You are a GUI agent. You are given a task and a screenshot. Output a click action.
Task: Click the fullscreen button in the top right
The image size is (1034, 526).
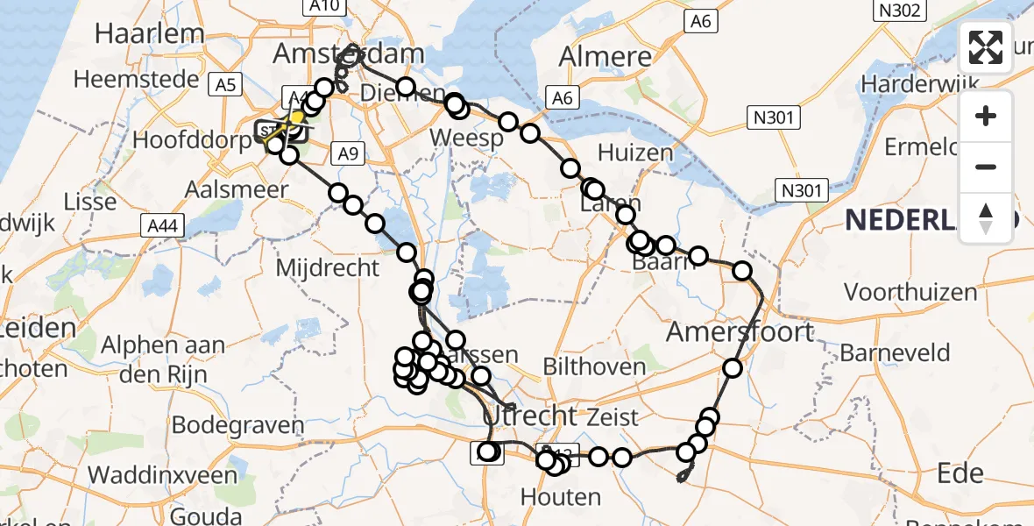click(986, 47)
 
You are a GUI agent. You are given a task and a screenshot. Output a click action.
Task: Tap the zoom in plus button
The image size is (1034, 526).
click(986, 116)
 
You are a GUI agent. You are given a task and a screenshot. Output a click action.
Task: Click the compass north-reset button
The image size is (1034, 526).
click(986, 217)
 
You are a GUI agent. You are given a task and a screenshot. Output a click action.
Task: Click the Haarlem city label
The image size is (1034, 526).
click(150, 34)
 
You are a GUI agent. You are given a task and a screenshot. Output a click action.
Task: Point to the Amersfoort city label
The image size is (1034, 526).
click(740, 332)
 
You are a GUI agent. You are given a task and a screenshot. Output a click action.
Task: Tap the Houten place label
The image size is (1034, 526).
click(561, 497)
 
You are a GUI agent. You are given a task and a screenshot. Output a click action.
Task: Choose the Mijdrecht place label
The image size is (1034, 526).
click(328, 267)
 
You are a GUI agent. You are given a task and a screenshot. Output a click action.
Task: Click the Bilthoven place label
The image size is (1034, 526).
click(594, 366)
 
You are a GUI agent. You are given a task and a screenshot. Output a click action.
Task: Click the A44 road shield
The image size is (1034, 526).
click(161, 226)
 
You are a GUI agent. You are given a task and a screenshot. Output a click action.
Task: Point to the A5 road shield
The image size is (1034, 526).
click(226, 85)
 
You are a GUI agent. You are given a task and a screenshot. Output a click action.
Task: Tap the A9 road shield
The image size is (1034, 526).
click(348, 155)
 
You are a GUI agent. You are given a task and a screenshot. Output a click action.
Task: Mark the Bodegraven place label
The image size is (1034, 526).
click(237, 426)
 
